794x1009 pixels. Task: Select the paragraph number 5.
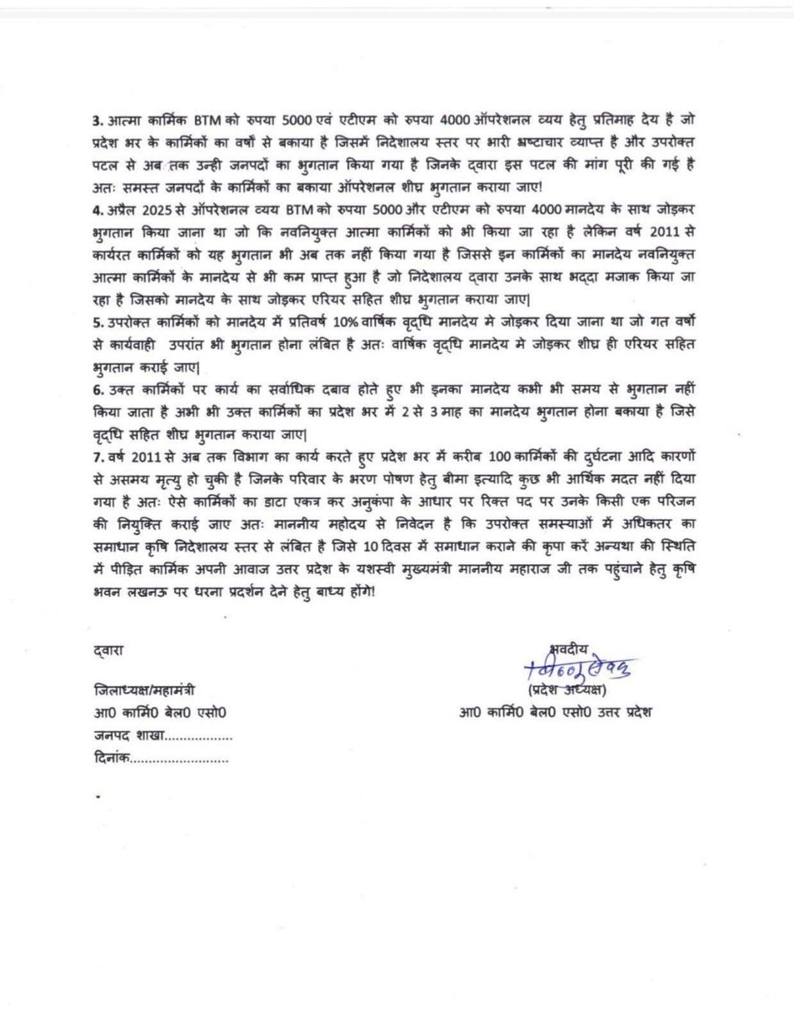pos(95,322)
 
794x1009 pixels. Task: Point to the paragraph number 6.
pos(95,391)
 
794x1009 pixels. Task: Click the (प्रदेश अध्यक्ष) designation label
pos(568,691)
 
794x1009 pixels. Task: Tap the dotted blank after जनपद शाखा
pos(197,737)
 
